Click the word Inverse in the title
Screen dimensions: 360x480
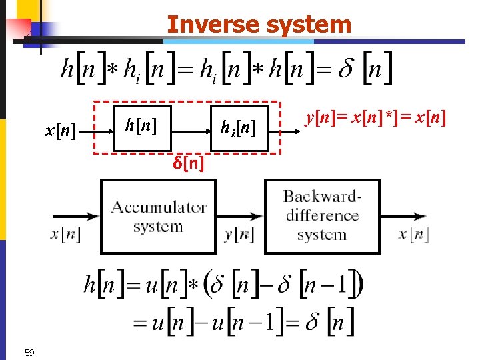203,25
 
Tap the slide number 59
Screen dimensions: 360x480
29,352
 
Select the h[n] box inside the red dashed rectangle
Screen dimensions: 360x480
141,125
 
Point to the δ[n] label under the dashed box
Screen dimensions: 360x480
189,163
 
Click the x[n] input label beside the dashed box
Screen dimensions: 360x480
60,129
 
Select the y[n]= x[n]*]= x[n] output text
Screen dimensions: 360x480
375,118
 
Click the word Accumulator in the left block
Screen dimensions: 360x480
159,207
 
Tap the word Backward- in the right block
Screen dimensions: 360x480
322,196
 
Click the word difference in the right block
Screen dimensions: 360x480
322,215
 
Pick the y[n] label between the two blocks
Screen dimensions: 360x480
238,235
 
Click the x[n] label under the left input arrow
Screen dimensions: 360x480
65,235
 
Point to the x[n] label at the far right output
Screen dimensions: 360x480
413,235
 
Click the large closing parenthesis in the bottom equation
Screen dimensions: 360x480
359,286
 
